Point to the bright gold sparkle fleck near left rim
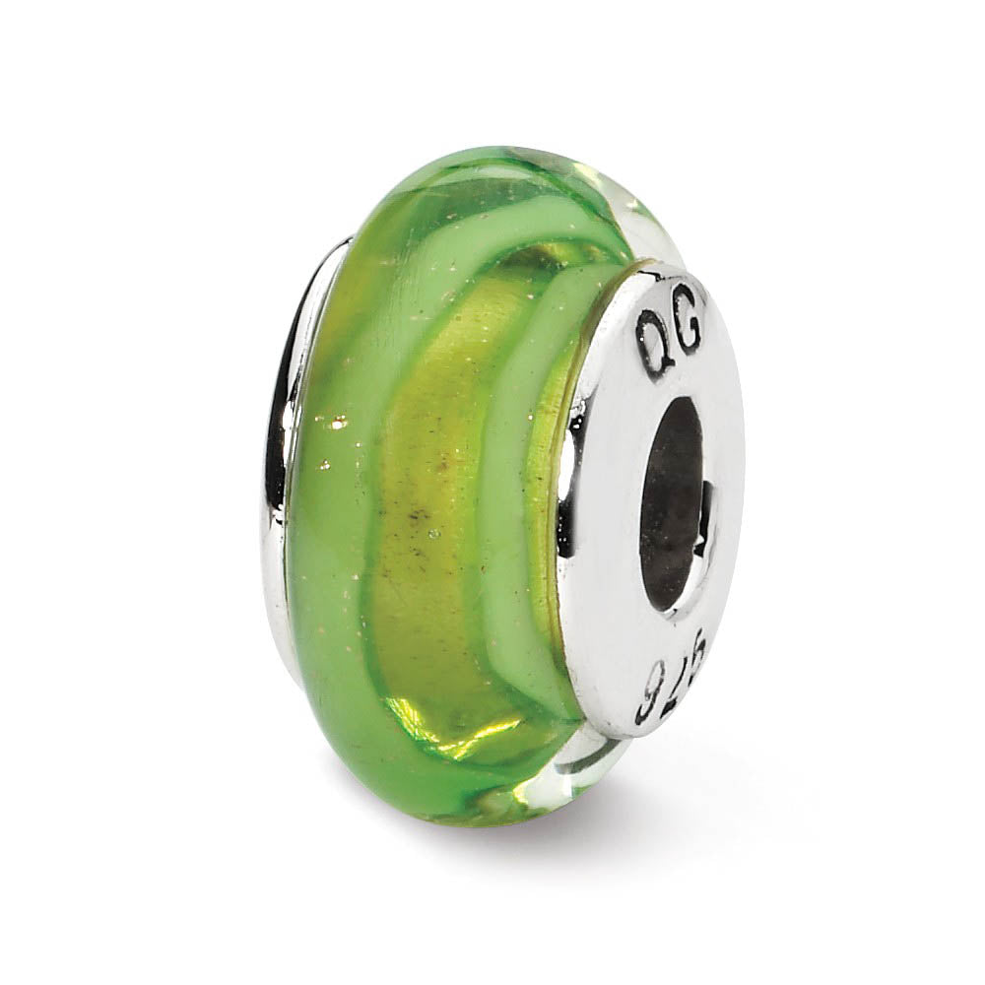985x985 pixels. (x=339, y=424)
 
